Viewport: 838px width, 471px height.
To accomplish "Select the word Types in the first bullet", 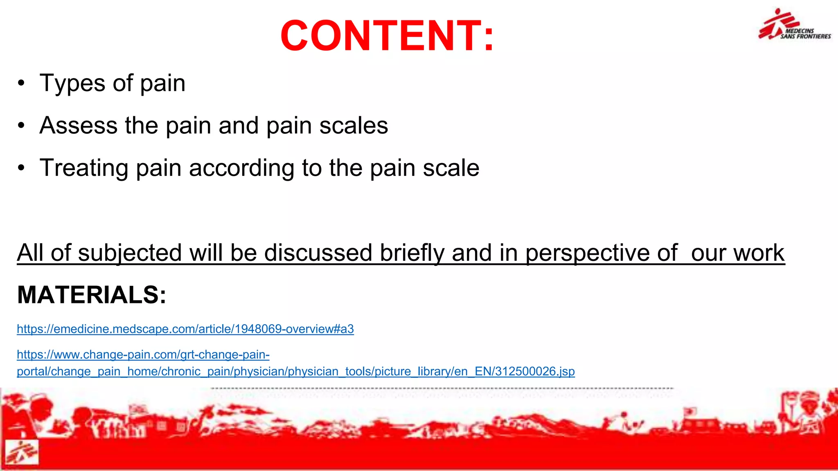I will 72,84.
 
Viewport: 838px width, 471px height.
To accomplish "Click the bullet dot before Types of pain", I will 21,83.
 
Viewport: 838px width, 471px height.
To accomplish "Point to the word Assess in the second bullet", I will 78,126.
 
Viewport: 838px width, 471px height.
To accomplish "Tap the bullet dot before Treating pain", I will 21,168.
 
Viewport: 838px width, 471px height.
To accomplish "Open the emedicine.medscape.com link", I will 185,329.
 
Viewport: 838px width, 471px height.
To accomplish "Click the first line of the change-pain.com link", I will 143,354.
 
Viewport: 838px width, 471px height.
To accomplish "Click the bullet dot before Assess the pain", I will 21,126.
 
